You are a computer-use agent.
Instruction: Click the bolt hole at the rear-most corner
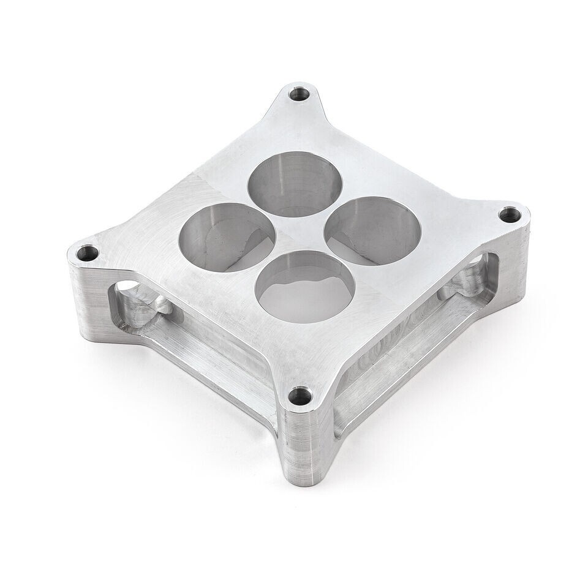pos(300,94)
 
